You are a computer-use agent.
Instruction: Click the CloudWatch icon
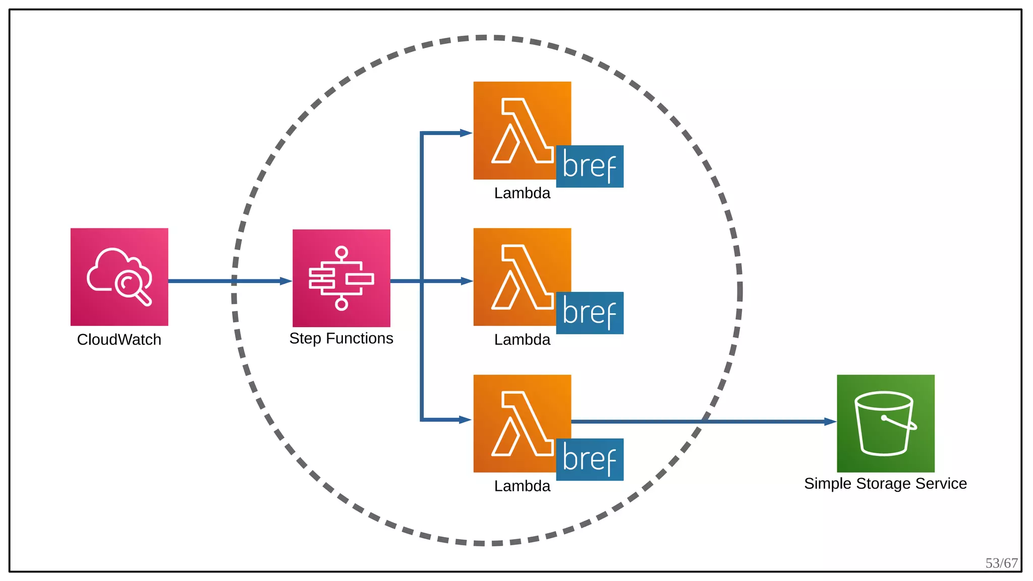coord(119,276)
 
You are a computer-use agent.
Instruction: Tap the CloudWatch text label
coord(119,339)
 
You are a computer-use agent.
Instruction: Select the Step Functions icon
coord(341,278)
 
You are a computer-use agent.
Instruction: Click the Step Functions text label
coord(341,338)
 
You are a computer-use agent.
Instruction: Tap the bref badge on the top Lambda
coord(590,166)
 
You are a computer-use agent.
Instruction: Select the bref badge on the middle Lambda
coord(590,313)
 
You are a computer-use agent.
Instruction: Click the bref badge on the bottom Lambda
coord(590,459)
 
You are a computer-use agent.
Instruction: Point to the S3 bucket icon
coord(885,423)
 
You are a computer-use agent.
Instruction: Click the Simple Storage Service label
coord(885,483)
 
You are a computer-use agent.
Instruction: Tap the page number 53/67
coord(1001,563)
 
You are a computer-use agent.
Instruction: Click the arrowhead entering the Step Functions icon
coord(286,281)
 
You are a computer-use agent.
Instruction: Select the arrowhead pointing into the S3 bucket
coord(830,422)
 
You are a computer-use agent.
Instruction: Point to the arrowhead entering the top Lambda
coord(466,133)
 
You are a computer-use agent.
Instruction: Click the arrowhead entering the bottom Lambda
coord(466,420)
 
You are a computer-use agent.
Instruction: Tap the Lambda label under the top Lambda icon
coord(522,193)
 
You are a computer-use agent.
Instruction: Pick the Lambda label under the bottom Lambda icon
coord(522,486)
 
